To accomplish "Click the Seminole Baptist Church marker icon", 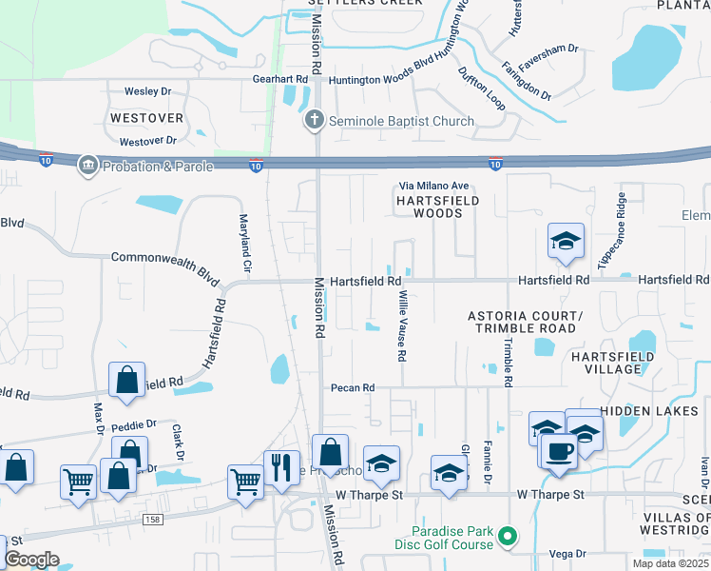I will [x=315, y=121].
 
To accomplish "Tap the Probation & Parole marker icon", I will [x=87, y=166].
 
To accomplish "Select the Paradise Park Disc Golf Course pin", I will [x=507, y=538].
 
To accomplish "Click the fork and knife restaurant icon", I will [x=281, y=466].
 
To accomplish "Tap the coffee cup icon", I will [x=558, y=449].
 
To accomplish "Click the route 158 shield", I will [x=152, y=520].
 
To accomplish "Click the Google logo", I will [x=31, y=560].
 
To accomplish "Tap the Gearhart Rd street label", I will [x=280, y=80].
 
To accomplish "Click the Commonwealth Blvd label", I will [x=158, y=258].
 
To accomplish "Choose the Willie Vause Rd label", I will [x=402, y=326].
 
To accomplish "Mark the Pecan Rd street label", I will [x=354, y=387].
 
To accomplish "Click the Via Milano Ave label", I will [x=433, y=186].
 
